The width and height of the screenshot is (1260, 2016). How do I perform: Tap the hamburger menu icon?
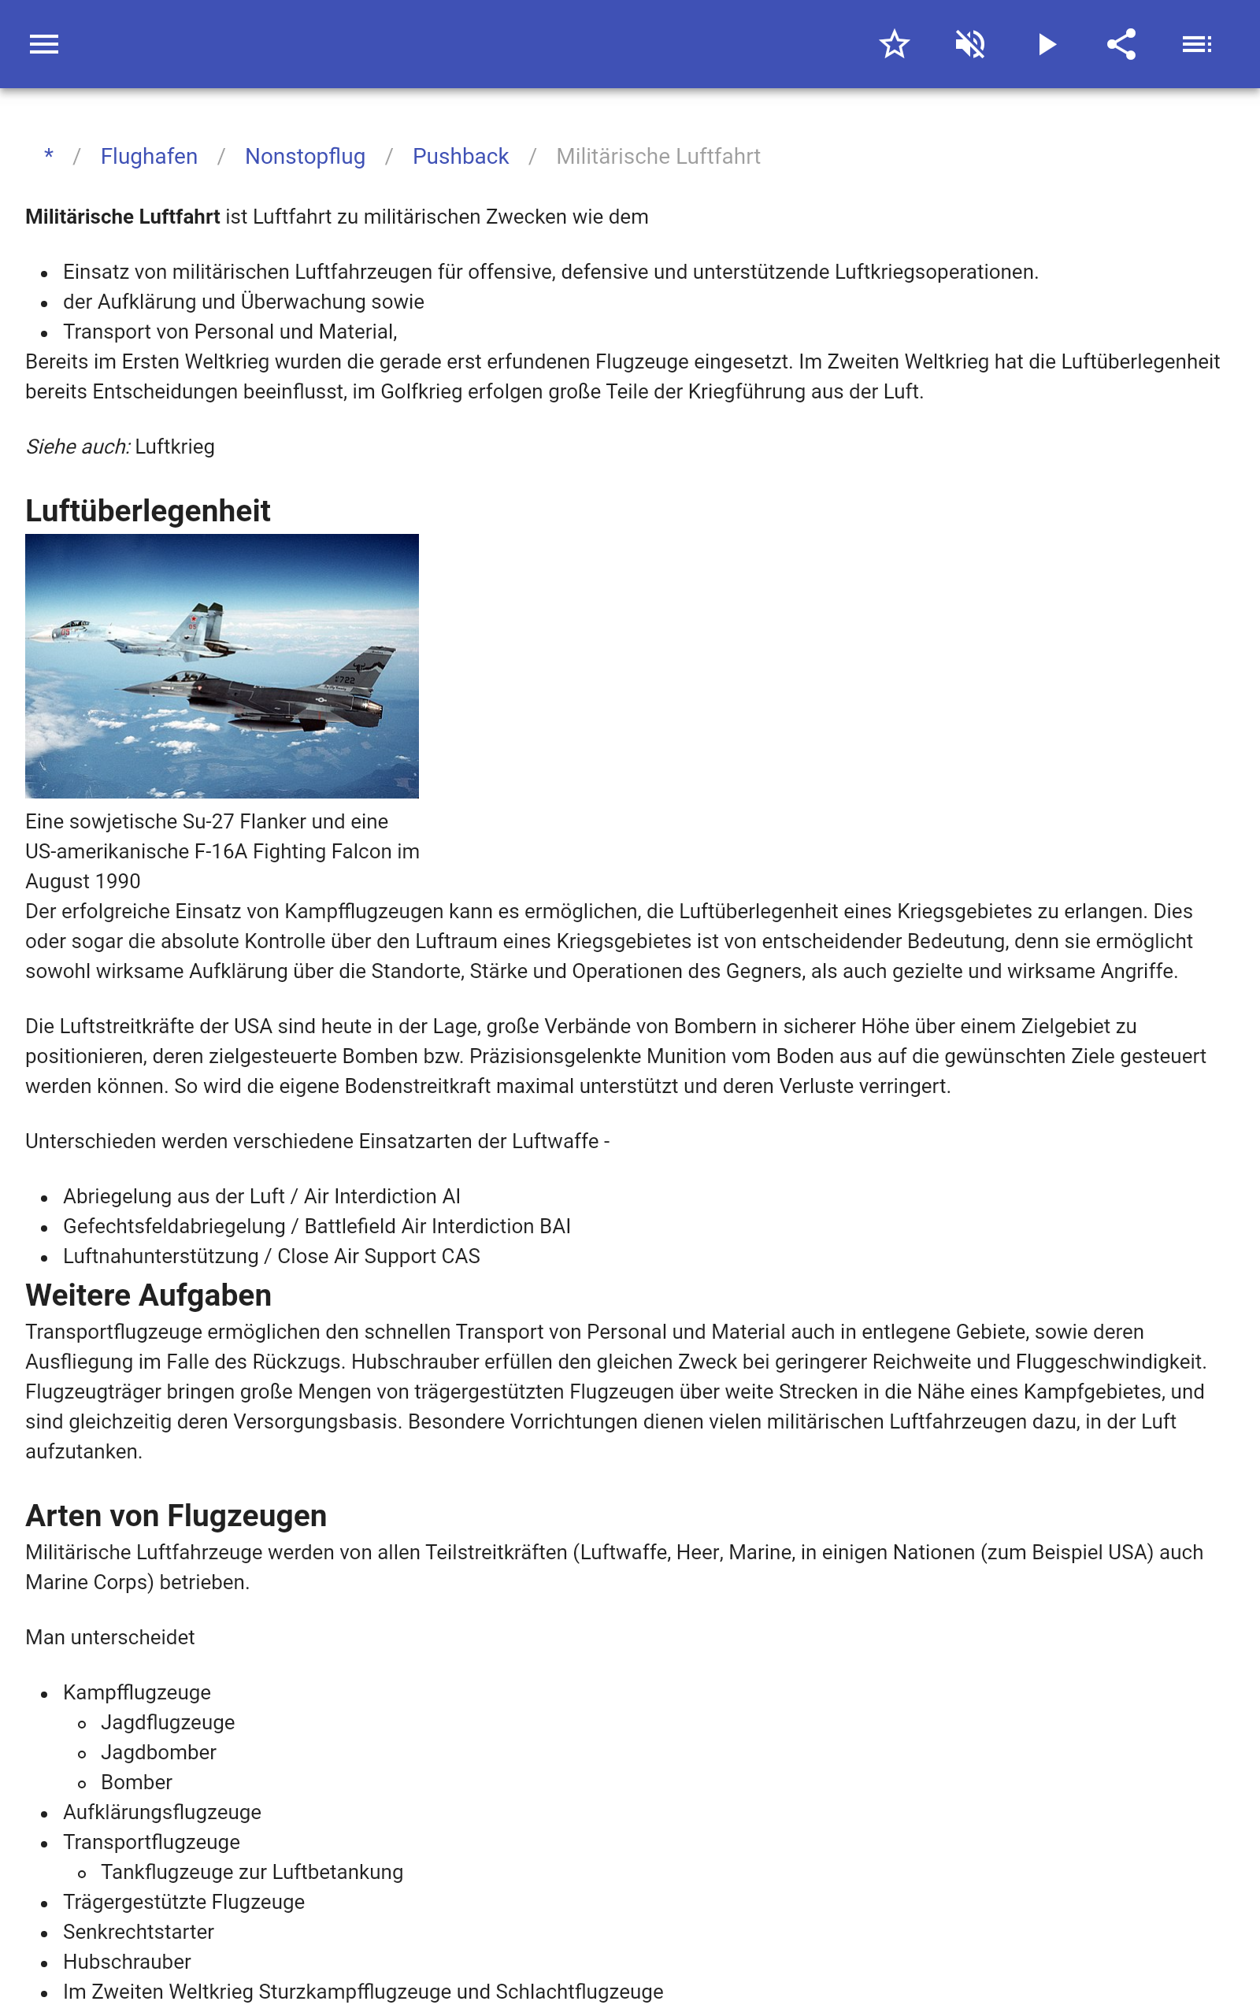coord(44,44)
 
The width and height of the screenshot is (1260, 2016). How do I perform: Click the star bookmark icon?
coord(894,44)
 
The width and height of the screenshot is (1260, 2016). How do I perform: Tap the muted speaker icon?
coord(970,44)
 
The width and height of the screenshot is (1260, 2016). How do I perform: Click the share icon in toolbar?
coord(1121,44)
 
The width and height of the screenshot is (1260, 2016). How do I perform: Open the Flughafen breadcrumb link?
coord(149,157)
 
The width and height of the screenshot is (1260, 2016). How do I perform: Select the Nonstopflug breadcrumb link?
coord(305,157)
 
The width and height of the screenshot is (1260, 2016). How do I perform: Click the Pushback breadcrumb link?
coord(460,157)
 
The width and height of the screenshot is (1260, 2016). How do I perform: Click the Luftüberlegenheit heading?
coord(147,510)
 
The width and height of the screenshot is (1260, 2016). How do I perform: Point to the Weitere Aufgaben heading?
coord(148,1295)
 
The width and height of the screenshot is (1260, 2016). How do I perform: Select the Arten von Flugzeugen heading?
coord(176,1515)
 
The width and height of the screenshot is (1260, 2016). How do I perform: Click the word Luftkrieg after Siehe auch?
coord(175,447)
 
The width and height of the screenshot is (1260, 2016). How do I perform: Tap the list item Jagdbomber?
coord(158,1752)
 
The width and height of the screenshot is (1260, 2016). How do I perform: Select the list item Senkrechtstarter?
coord(139,1932)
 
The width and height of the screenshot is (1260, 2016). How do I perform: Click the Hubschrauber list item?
coord(127,1962)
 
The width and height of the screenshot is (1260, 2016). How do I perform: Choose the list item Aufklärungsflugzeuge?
coord(161,1812)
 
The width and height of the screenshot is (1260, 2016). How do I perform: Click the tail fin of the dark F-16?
coord(367,666)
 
